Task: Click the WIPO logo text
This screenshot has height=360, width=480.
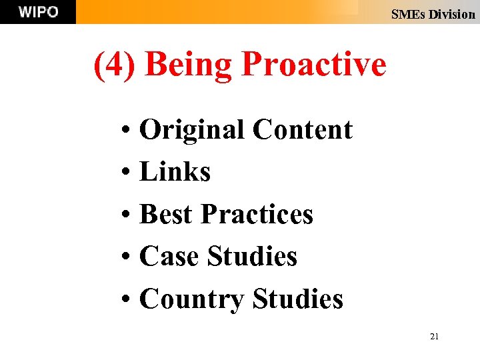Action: point(38,12)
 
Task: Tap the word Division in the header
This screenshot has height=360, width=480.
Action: point(452,14)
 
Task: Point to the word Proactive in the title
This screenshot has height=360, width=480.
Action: point(313,65)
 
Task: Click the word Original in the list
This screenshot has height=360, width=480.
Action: point(192,130)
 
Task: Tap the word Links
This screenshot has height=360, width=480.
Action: point(175,172)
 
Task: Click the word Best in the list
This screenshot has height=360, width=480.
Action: point(167,214)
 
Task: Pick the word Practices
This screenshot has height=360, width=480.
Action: point(257,214)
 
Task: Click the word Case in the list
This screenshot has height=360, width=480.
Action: point(169,256)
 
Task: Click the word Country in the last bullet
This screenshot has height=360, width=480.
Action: point(192,299)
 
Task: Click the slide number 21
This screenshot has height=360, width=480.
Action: point(434,337)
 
